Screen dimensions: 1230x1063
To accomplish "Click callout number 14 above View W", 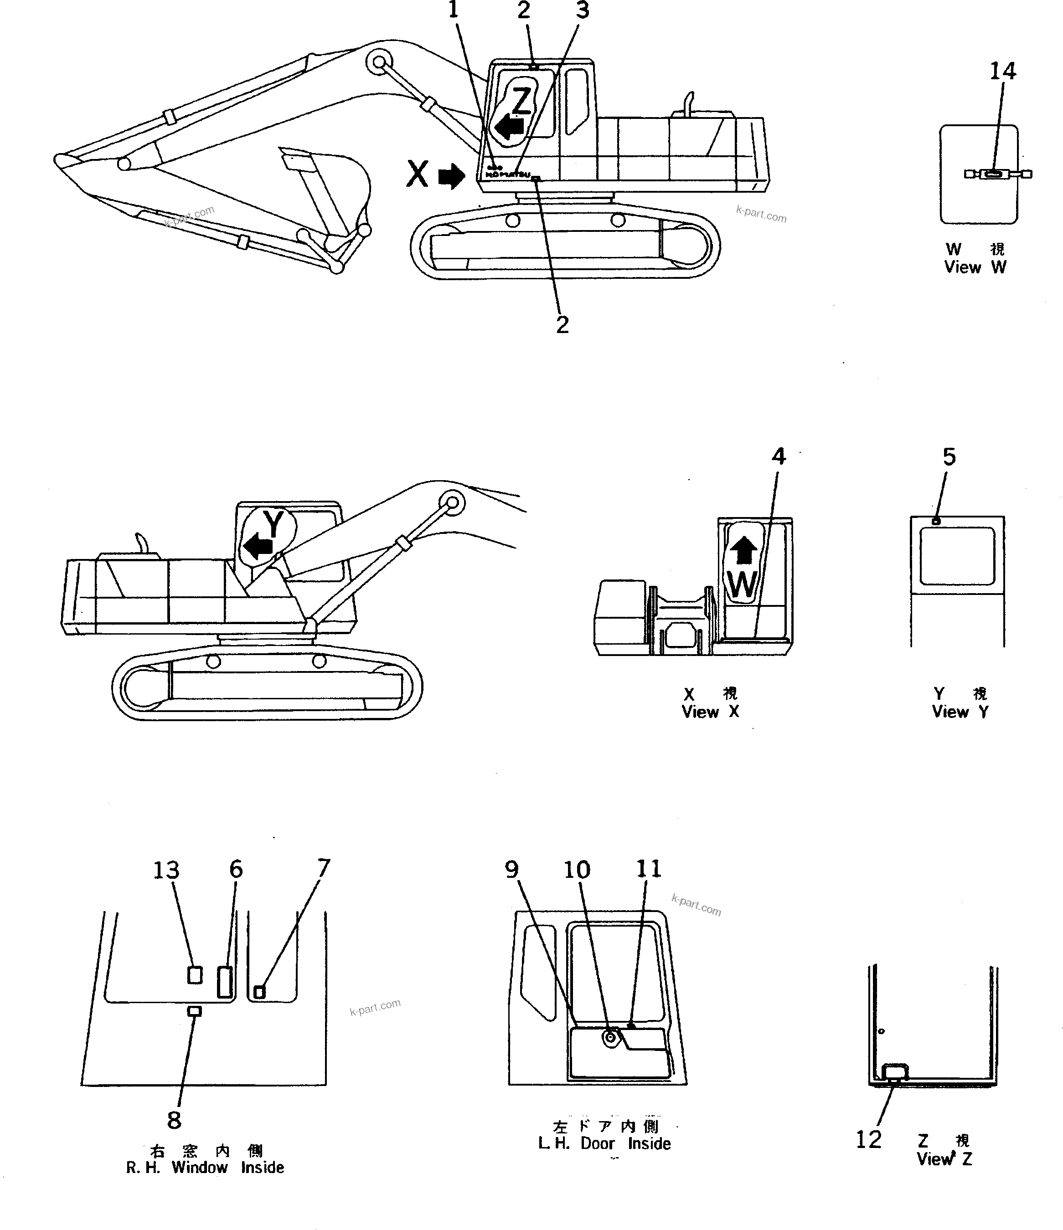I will pos(1002,71).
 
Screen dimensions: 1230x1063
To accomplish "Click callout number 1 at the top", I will pos(454,10).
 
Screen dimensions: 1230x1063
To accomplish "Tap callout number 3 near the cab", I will pos(583,10).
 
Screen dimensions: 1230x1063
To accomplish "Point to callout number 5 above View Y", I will pos(949,456).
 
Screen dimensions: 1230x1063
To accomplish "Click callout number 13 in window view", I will pos(166,870).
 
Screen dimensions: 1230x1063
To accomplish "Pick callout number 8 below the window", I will pos(174,1120).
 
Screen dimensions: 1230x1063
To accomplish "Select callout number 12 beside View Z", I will pos(868,1139).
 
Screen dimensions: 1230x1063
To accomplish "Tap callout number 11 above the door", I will pos(649,869).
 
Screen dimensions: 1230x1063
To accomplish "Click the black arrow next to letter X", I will pos(451,176).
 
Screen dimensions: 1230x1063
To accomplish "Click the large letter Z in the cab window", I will pos(521,101).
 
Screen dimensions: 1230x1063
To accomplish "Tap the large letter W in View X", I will pos(742,585).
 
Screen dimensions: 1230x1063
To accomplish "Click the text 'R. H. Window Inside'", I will pos(205,1167).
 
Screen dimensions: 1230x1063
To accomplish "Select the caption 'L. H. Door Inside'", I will pos(604,1143).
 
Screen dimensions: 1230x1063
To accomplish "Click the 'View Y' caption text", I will pos(960,711).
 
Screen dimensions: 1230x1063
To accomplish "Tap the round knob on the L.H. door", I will pos(610,1037).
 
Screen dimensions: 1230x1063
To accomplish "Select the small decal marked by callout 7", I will pos(259,991).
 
